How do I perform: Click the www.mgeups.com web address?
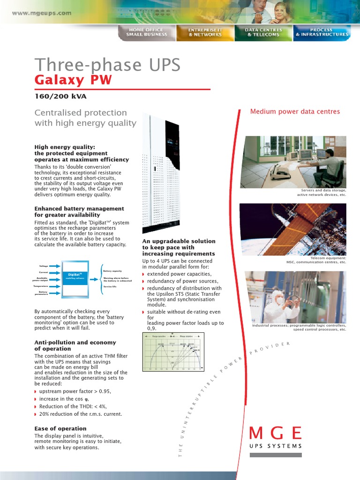(x=42, y=13)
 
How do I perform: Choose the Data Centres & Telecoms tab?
(x=263, y=32)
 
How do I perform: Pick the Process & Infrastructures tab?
(x=322, y=32)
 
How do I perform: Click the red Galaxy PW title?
(x=74, y=80)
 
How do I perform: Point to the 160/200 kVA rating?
(x=60, y=97)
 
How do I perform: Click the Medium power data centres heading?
(x=295, y=112)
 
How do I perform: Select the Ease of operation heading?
(x=60, y=428)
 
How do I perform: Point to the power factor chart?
(x=172, y=352)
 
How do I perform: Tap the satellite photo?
(x=293, y=229)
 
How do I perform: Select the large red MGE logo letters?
(x=275, y=434)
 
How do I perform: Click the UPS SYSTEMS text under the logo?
(x=275, y=446)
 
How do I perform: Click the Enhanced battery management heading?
(x=79, y=212)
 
